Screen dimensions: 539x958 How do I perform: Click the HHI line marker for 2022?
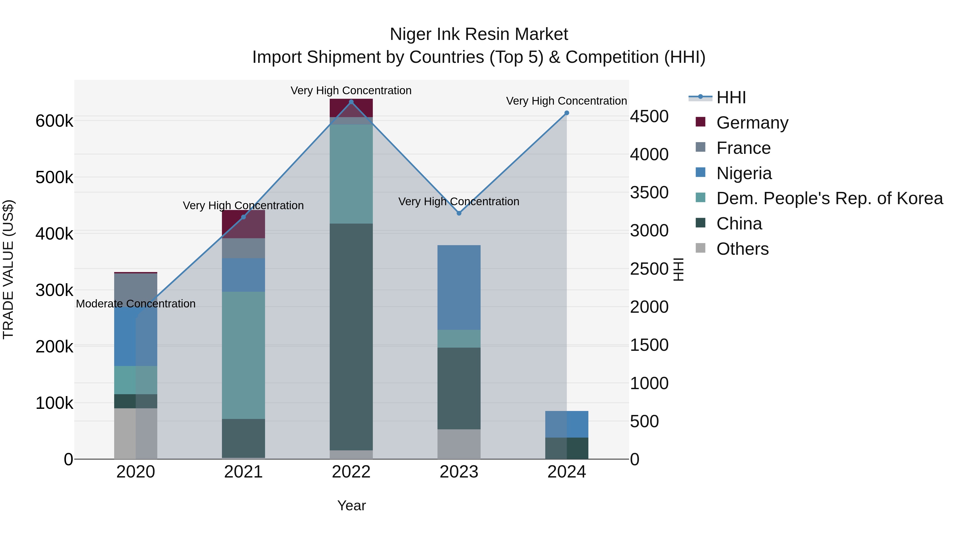351,102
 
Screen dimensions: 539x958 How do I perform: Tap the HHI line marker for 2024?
566,113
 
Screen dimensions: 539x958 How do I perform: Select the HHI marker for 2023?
459,213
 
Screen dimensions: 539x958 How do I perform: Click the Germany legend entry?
752,123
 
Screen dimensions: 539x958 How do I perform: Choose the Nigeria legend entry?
744,173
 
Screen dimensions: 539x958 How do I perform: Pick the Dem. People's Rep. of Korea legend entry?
829,198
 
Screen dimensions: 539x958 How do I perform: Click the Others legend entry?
742,249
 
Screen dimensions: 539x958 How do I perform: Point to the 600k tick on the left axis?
54,121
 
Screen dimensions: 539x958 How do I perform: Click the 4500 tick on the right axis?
649,116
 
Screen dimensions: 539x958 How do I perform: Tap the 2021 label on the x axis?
243,472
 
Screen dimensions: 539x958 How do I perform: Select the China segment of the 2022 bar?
351,337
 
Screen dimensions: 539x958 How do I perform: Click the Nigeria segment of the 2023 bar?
459,287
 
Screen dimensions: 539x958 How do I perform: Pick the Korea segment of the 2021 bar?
243,355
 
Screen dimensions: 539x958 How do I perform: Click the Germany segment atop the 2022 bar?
351,108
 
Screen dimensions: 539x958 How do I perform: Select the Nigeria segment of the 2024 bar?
566,424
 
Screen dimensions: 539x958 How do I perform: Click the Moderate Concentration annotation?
135,304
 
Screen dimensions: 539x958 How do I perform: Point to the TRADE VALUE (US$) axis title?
9,269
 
